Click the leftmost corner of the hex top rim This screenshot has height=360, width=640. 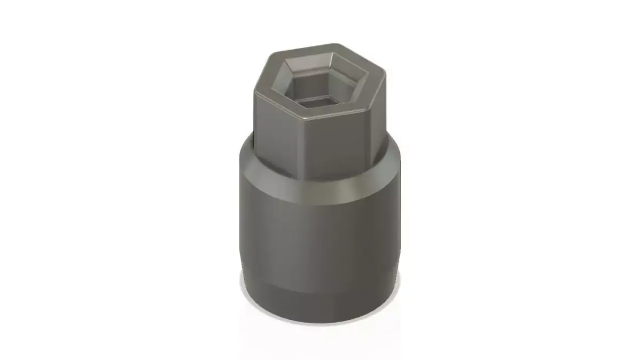pyautogui.click(x=255, y=91)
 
